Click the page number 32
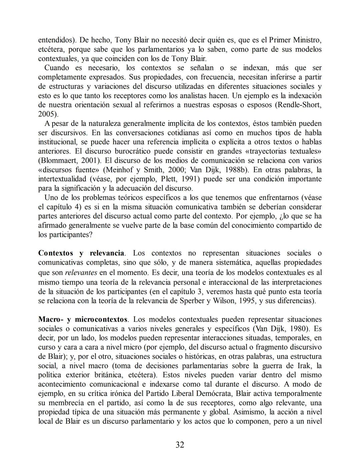(x=180, y=445)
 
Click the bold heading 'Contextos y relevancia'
(x=81, y=253)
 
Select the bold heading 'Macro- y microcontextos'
(x=83, y=319)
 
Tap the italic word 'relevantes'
(x=81, y=273)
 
